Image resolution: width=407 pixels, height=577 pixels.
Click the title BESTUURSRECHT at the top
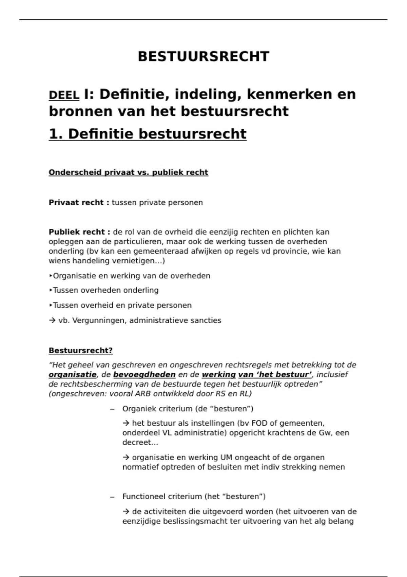click(203, 57)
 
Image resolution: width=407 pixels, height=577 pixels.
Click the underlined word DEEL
click(64, 95)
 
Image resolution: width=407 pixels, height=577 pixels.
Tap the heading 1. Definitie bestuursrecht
click(148, 134)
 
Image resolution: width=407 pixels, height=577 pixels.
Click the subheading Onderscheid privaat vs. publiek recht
click(128, 172)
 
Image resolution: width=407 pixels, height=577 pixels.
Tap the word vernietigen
click(141, 261)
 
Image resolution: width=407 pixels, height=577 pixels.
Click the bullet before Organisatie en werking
click(51, 276)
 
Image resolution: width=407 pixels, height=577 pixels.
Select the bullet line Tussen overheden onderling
click(105, 291)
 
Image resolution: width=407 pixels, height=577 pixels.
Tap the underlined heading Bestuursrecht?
click(80, 351)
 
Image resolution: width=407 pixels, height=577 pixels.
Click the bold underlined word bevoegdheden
click(144, 375)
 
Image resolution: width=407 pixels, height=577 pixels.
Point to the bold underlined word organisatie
click(73, 375)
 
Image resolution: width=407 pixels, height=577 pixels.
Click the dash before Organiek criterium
click(112, 409)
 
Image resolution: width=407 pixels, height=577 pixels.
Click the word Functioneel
click(145, 497)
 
